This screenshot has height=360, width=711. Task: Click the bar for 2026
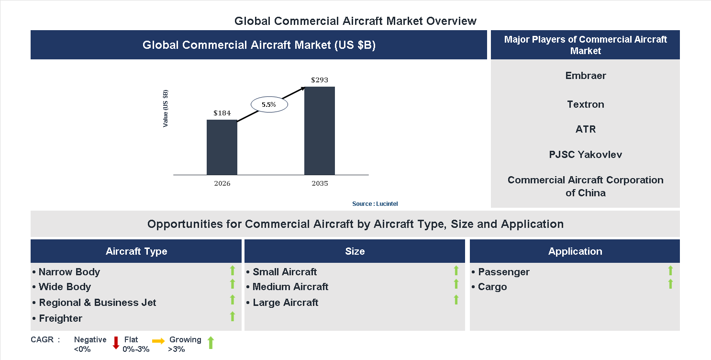222,147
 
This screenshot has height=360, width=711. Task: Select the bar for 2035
320,131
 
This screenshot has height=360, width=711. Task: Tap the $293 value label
320,80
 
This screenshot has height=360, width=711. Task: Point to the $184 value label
222,113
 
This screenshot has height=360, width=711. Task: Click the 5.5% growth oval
269,104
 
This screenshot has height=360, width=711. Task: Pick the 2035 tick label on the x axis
320,183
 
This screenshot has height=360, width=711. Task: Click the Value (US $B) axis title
166,108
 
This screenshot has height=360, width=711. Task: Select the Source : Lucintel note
375,204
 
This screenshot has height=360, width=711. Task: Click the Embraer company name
586,76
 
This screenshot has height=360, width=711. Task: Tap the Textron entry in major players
586,104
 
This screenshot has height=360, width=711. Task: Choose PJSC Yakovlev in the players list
586,155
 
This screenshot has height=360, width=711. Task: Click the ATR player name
586,129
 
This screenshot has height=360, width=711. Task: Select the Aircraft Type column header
136,251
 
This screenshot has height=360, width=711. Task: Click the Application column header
575,251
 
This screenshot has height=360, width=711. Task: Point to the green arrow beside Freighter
233,316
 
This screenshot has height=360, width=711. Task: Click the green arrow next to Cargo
670,284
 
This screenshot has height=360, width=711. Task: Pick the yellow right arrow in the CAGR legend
158,341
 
